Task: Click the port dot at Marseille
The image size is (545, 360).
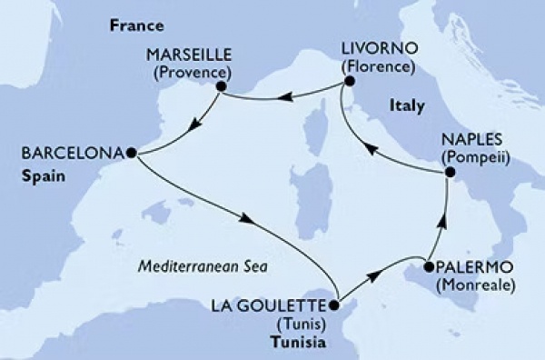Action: tap(220, 86)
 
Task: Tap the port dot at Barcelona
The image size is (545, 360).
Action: tap(132, 154)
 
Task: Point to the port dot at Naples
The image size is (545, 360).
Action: tap(447, 179)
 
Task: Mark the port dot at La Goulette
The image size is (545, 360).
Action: tap(335, 305)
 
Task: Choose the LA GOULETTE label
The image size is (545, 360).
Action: tap(280, 305)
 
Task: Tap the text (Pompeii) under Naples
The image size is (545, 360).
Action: tap(475, 158)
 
